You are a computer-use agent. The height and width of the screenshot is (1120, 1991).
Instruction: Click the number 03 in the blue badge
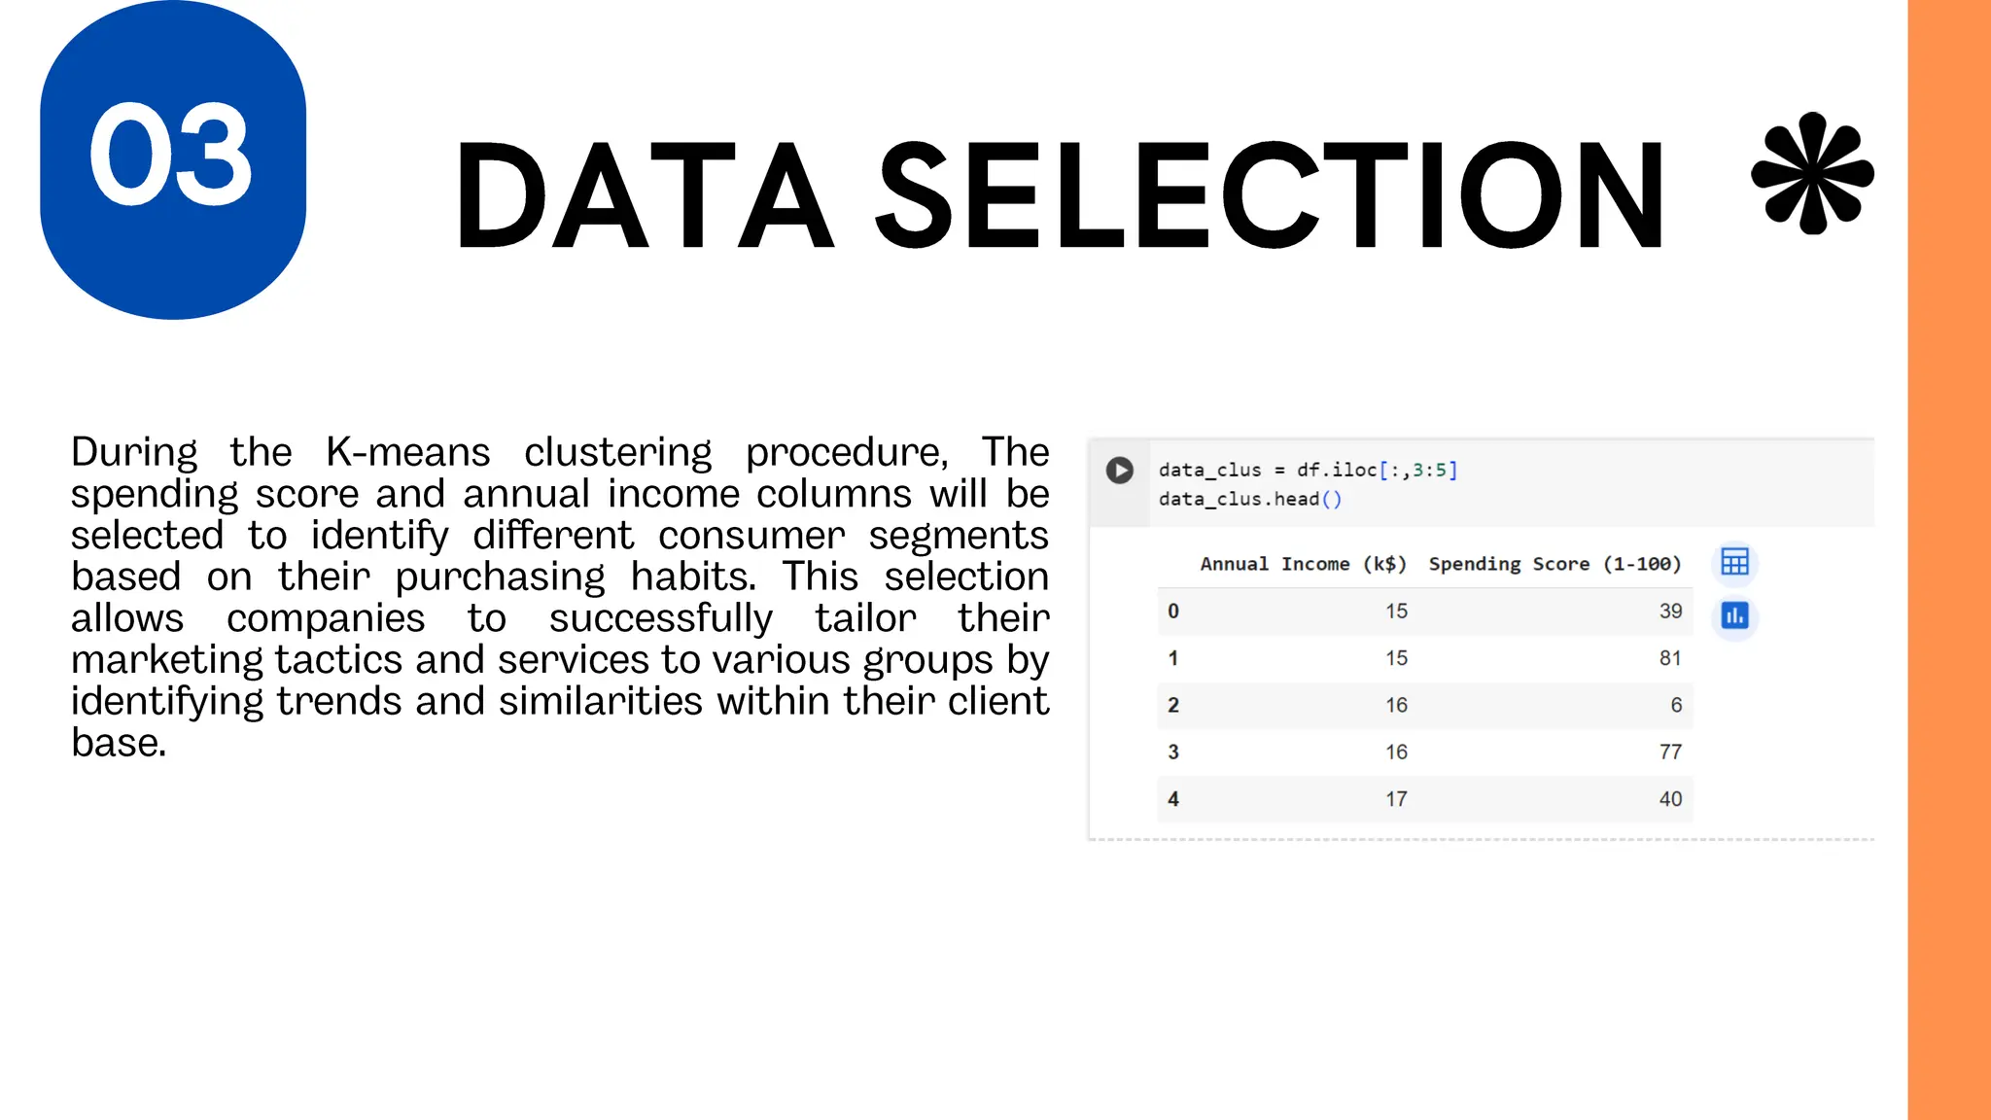(171, 156)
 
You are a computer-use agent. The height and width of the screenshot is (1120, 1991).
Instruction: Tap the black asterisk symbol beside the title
(1812, 174)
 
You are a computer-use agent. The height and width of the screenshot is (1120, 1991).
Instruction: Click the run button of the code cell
(1119, 471)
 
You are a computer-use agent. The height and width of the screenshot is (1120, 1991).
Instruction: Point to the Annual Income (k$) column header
(1303, 564)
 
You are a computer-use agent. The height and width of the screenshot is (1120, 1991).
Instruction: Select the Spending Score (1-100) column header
(1554, 564)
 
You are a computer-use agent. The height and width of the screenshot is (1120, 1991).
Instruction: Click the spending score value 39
(1670, 612)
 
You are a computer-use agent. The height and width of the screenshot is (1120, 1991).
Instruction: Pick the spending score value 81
(1670, 658)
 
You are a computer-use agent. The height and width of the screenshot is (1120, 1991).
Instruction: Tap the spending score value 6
(1676, 705)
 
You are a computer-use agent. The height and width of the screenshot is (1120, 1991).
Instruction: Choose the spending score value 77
(1670, 752)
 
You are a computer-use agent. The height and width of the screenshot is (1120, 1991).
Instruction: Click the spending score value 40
(1670, 799)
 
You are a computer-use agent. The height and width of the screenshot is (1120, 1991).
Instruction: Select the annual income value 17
(1396, 799)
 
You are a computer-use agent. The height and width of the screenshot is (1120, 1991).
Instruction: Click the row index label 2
(1173, 705)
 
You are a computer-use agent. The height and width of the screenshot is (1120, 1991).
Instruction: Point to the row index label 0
(1173, 612)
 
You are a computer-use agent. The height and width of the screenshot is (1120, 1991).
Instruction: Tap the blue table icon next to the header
(1734, 562)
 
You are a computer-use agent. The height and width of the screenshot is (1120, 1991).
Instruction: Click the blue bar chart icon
(1734, 615)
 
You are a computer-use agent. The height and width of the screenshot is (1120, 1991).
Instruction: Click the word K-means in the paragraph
(408, 452)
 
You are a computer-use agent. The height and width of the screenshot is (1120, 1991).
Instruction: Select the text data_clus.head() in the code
(1250, 499)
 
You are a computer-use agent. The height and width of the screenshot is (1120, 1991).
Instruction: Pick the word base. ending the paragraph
(119, 743)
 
